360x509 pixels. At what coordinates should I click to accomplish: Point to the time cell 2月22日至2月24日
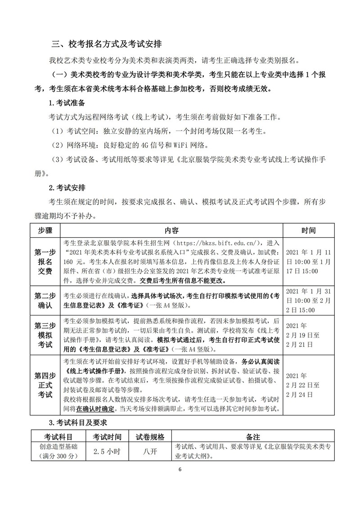tap(303, 385)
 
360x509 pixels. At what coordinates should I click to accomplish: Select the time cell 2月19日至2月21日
tap(303, 335)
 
